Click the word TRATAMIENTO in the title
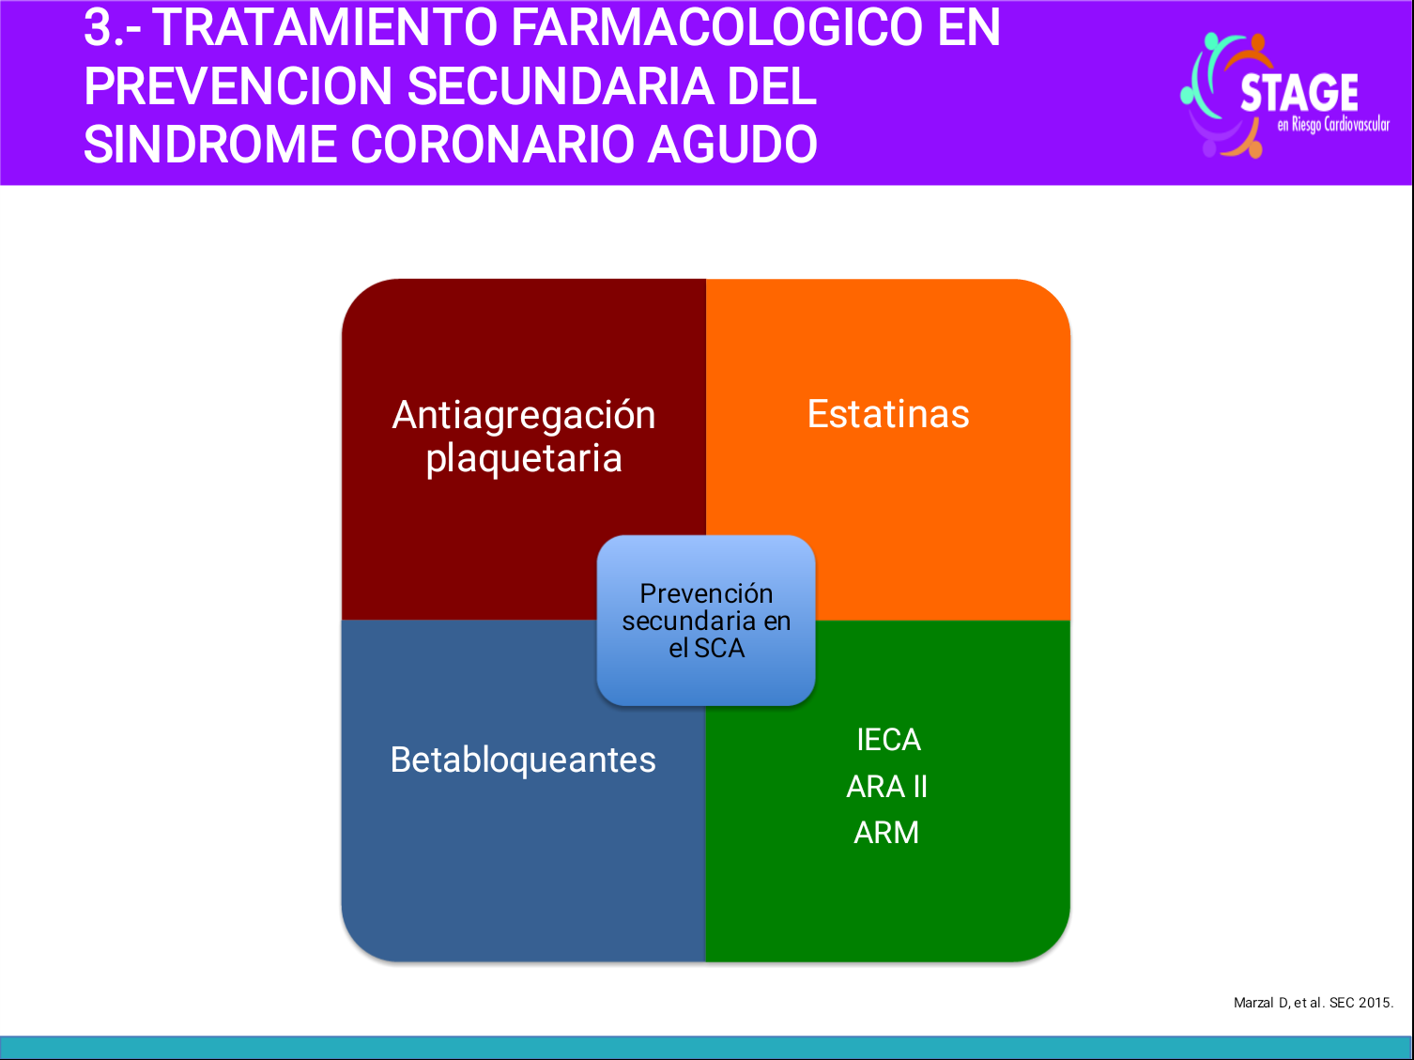pos(325,27)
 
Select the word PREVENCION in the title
pos(238,86)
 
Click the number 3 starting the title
pos(98,27)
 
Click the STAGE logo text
pos(1299,93)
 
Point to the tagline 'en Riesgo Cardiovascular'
pos(1332,125)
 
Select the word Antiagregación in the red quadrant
pos(523,415)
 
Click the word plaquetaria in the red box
pos(523,459)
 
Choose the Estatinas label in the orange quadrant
pos(888,414)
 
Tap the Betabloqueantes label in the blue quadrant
pos(523,760)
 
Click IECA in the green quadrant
pos(888,740)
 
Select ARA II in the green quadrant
pos(887,786)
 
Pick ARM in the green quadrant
pos(886,832)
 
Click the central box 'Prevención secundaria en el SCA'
pos(706,621)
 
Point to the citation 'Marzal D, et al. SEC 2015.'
pos(1313,1003)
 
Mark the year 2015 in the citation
pos(1376,1003)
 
